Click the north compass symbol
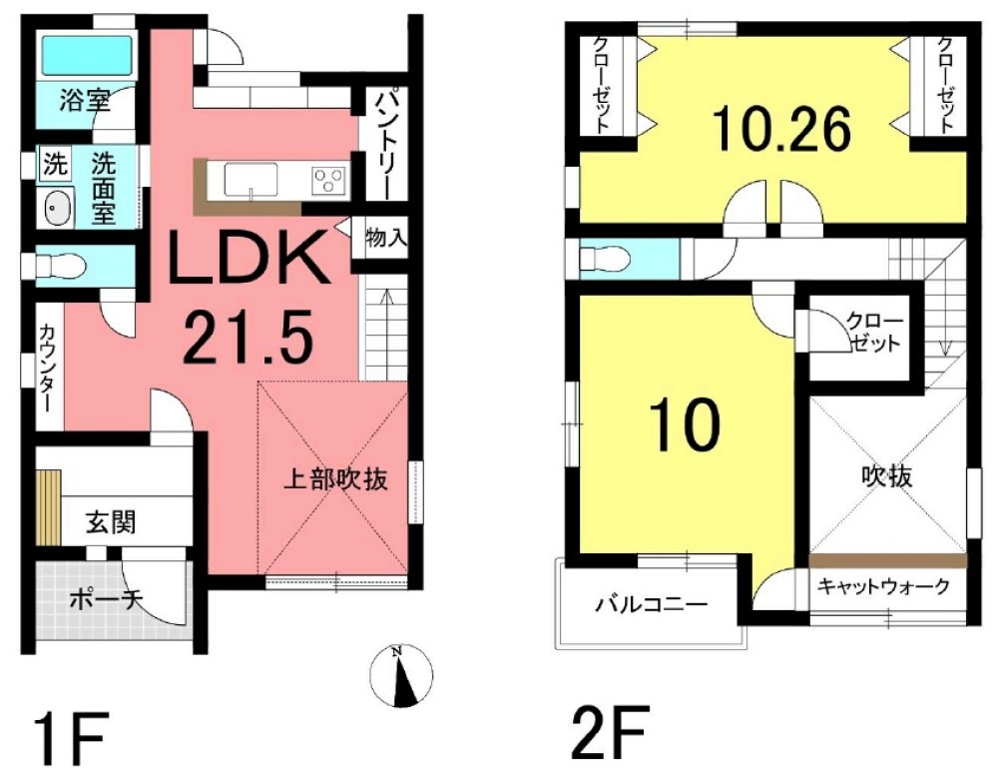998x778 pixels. [402, 676]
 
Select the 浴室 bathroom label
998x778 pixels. [83, 100]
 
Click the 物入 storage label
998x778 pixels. [385, 239]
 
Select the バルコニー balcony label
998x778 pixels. [652, 604]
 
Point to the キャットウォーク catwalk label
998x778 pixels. [883, 587]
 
